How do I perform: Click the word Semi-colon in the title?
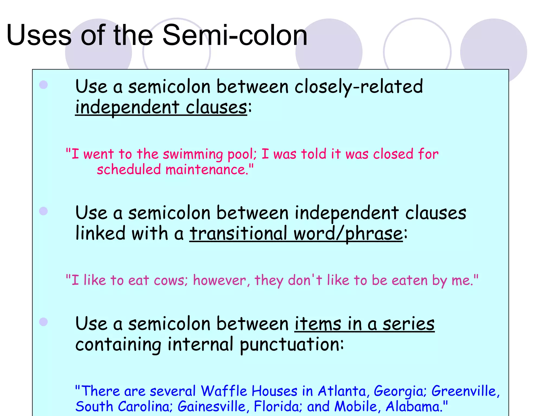pos(235,35)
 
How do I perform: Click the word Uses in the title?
pos(39,35)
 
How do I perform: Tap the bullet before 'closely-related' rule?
pos(43,85)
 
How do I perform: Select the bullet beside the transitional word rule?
pos(43,211)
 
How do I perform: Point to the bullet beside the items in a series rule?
pos(43,322)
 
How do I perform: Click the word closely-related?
pos(359,87)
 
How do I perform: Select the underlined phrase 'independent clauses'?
pos(161,107)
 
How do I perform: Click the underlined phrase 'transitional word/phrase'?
pos(296,233)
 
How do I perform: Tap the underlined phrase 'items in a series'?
pos(364,324)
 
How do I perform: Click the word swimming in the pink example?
pos(193,154)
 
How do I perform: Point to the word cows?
pos(169,280)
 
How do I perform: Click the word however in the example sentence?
pos(220,280)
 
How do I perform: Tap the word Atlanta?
pos(342,391)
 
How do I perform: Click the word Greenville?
pos(464,391)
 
